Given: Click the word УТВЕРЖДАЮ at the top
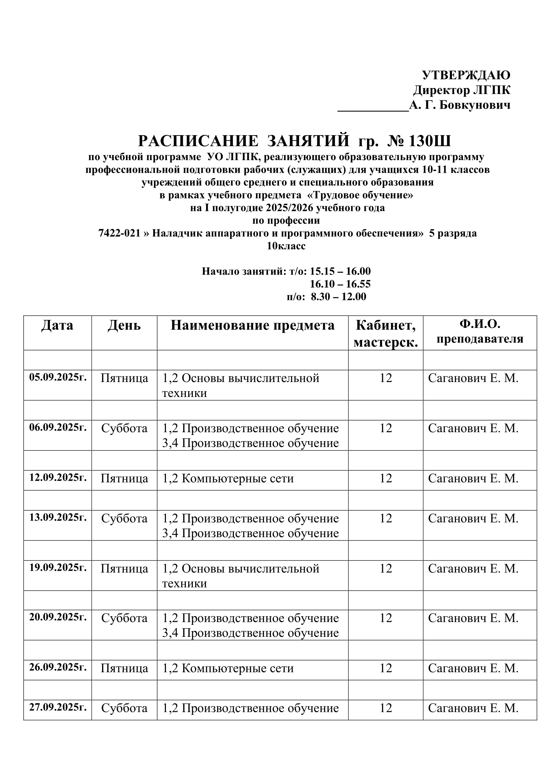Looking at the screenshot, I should coord(466,75).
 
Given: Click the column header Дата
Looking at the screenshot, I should coord(57,325).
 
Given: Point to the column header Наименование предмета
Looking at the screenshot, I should coord(252,325).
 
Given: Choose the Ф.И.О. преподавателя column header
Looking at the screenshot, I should coord(480,332).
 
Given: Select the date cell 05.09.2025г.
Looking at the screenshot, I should coord(58,377).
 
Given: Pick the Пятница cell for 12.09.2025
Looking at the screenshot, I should coord(124,478).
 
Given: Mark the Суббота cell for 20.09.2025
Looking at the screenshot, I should coord(124,618).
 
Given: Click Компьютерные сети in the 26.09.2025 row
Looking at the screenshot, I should coord(237,668).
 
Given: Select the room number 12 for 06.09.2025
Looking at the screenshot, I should coord(386,428).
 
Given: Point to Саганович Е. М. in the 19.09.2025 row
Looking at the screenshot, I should coord(473,568).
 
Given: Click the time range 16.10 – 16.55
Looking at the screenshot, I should coord(341,284).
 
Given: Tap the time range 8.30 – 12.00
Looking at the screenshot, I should coord(338,297).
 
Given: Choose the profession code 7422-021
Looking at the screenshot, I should coord(119,233).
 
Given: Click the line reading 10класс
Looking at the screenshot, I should coord(286,246).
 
